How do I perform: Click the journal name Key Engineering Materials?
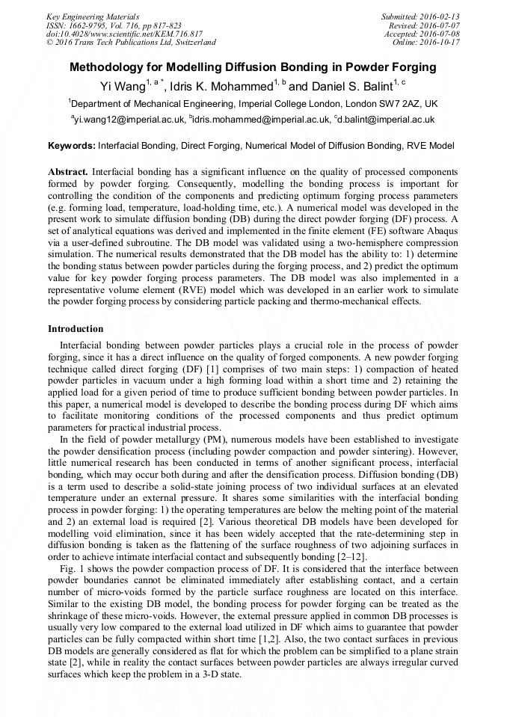tap(93, 16)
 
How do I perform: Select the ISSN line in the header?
tap(114, 25)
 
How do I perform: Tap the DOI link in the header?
tap(124, 34)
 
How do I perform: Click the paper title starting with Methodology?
tap(253, 67)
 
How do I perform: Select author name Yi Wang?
tap(122, 86)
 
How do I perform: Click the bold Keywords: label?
tap(72, 146)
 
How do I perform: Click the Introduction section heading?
tap(76, 329)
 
